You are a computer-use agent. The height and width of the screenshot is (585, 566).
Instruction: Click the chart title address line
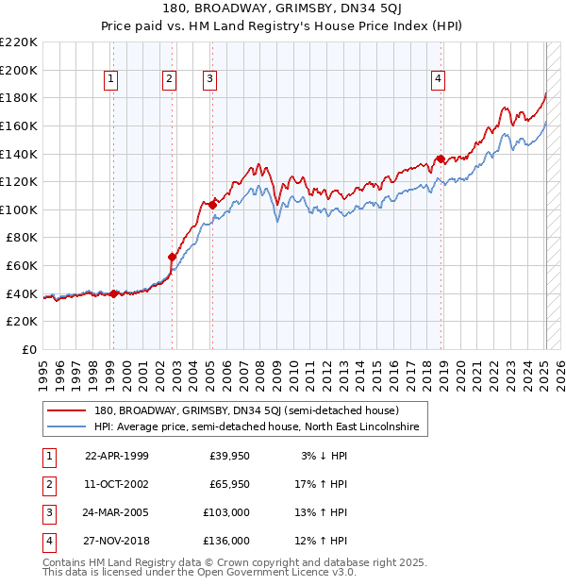pyautogui.click(x=283, y=9)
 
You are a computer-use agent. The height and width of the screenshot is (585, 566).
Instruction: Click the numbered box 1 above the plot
pyautogui.click(x=112, y=80)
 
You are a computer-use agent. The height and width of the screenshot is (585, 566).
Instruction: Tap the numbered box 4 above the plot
pyautogui.click(x=440, y=80)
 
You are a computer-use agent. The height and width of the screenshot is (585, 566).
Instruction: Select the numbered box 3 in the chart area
pyautogui.click(x=209, y=80)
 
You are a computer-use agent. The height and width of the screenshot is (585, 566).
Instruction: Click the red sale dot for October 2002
pyautogui.click(x=173, y=257)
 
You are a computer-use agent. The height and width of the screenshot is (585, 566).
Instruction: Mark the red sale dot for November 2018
pyautogui.click(x=441, y=159)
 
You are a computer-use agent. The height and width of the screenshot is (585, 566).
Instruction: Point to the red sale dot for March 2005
pyautogui.click(x=213, y=205)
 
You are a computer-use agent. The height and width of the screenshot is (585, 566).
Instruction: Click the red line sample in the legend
pyautogui.click(x=67, y=411)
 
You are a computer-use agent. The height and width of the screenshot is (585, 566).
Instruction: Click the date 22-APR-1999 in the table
pyautogui.click(x=117, y=456)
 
